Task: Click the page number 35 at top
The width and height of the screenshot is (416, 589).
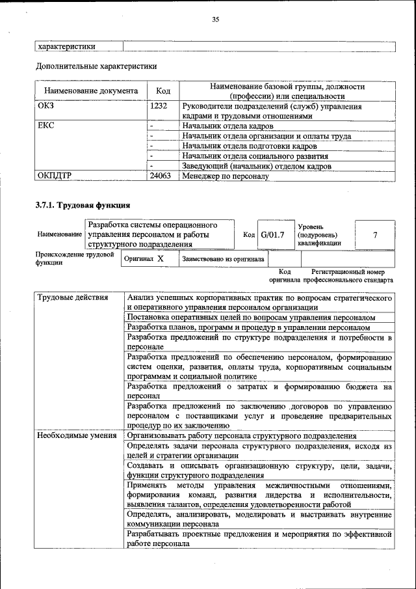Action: click(x=215, y=20)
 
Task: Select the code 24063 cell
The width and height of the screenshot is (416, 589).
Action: click(x=161, y=176)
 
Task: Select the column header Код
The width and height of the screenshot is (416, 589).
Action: click(x=163, y=91)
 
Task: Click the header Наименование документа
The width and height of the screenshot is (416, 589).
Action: click(x=91, y=91)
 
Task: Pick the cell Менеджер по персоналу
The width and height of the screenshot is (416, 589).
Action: click(x=225, y=176)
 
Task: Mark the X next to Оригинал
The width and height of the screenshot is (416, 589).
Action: click(x=161, y=258)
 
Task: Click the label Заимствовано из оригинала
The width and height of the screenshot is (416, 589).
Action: click(x=223, y=258)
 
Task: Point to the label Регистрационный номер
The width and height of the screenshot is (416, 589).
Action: click(x=352, y=271)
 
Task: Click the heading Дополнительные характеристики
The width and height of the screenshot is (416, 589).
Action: click(x=96, y=66)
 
